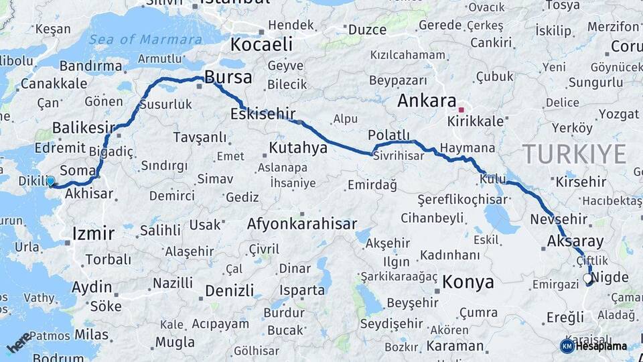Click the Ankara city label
pyautogui.click(x=427, y=101)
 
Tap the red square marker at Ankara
pyautogui.click(x=461, y=109)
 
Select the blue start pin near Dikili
pyautogui.click(x=50, y=180)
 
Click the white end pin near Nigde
pyautogui.click(x=587, y=278)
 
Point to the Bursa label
pyautogui.click(x=228, y=77)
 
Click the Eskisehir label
pyautogui.click(x=262, y=113)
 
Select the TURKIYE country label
pyautogui.click(x=574, y=154)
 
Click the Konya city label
pyautogui.click(x=469, y=282)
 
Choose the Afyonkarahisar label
pyautogui.click(x=301, y=224)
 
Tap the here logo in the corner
pyautogui.click(x=18, y=342)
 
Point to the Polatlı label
pyautogui.click(x=393, y=135)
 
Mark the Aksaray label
pyautogui.click(x=575, y=241)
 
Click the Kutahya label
pyautogui.click(x=297, y=147)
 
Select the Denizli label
pyautogui.click(x=230, y=290)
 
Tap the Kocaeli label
pyautogui.click(x=261, y=45)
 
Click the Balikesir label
pyautogui.click(x=84, y=127)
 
